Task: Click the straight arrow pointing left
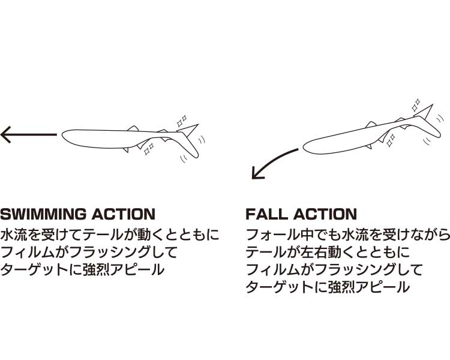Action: coord(29,134)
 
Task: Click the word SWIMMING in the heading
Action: coord(43,214)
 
